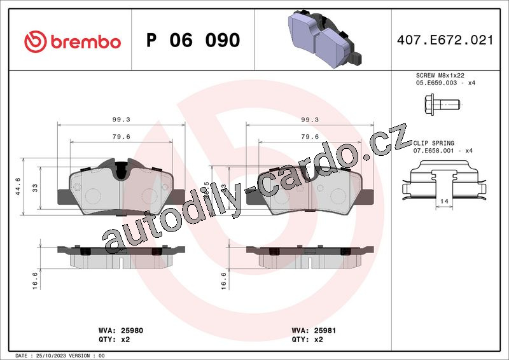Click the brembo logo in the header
tap(73, 42)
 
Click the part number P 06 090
tap(193, 40)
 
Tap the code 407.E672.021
tap(445, 40)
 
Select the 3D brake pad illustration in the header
tap(324, 39)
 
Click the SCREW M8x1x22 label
tap(440, 75)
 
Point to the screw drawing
tap(442, 104)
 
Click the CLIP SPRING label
tap(434, 143)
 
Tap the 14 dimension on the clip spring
tap(444, 201)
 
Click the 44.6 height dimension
tap(18, 186)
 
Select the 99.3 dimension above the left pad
tap(122, 120)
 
